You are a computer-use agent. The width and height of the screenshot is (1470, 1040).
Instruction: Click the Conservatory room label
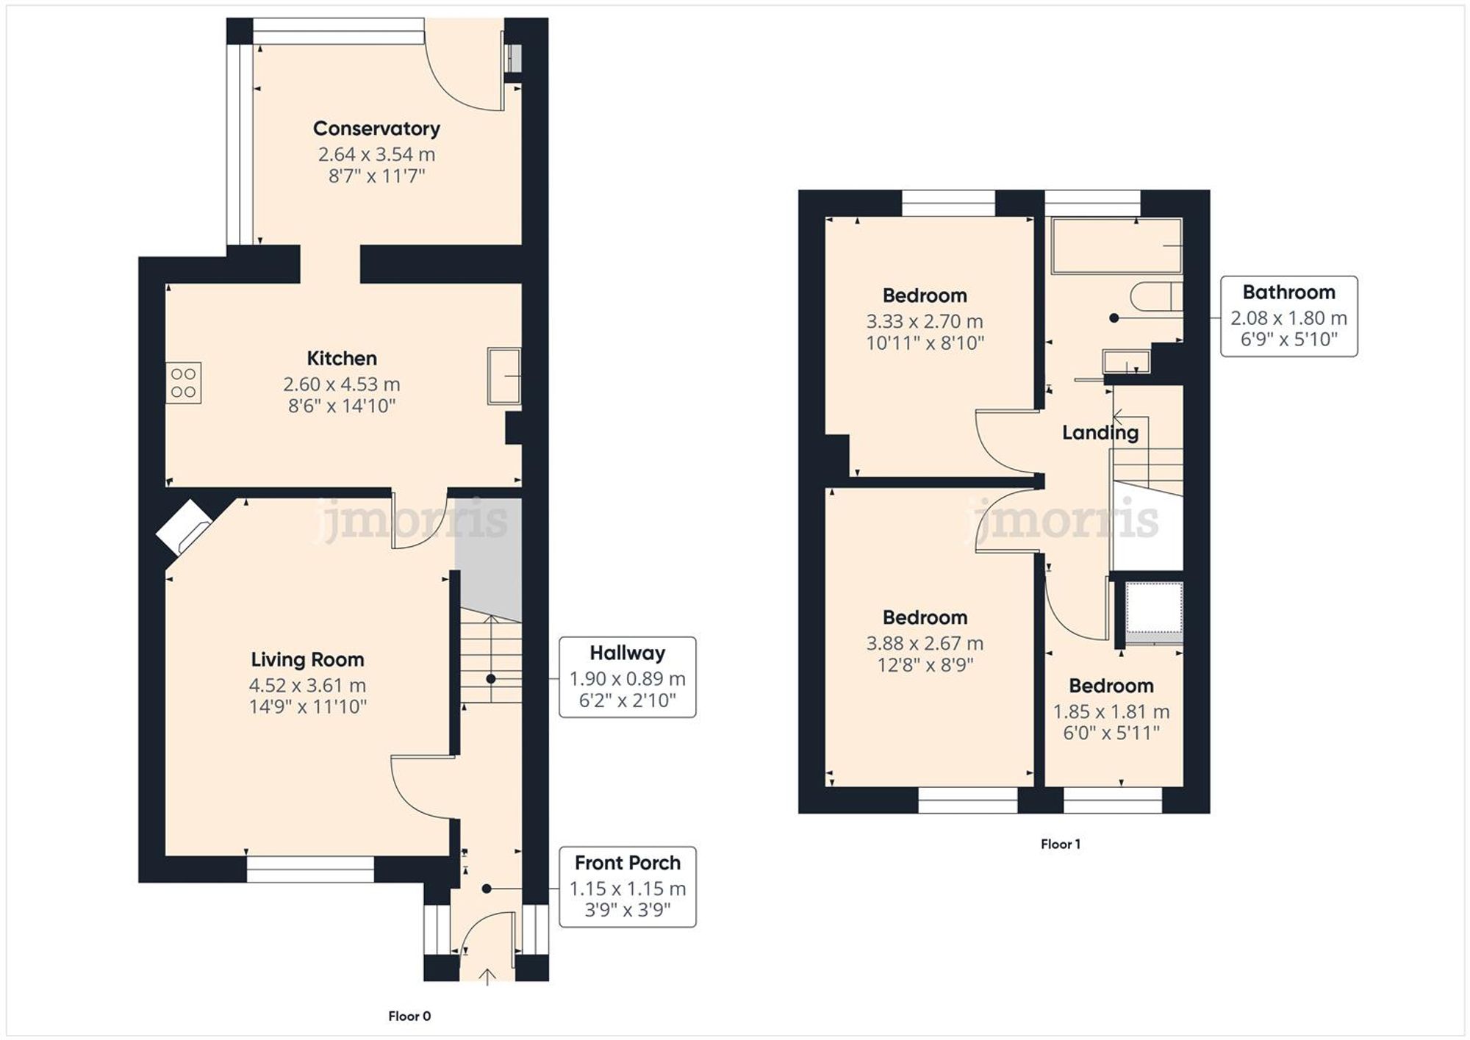[376, 129]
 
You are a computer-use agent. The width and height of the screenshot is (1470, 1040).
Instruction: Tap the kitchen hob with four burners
[184, 383]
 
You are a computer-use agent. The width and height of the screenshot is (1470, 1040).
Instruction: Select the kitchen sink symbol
[504, 376]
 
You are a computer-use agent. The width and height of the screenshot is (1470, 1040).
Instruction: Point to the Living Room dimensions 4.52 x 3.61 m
[307, 685]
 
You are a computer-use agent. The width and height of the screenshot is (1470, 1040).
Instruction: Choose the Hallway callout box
[627, 677]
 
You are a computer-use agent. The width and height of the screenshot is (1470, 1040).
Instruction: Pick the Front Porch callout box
[627, 886]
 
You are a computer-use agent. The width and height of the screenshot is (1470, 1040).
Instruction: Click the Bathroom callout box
[1288, 317]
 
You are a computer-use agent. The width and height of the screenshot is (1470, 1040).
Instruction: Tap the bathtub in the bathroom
[1116, 246]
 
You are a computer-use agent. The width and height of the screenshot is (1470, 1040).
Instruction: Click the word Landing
[1100, 433]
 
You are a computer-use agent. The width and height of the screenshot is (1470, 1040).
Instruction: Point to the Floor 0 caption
[409, 1016]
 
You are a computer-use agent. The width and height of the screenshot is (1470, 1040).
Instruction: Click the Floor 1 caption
[1060, 844]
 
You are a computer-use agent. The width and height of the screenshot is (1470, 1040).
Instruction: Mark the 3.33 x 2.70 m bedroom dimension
[924, 321]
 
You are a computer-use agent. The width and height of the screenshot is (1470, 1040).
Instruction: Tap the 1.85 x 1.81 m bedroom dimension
[1111, 711]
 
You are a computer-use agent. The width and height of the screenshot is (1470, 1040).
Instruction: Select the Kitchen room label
[341, 359]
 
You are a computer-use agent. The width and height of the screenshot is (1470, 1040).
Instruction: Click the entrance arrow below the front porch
[487, 976]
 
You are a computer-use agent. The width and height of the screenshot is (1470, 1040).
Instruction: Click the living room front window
[310, 869]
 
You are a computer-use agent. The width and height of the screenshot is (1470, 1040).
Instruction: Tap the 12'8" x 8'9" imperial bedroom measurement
[924, 665]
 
